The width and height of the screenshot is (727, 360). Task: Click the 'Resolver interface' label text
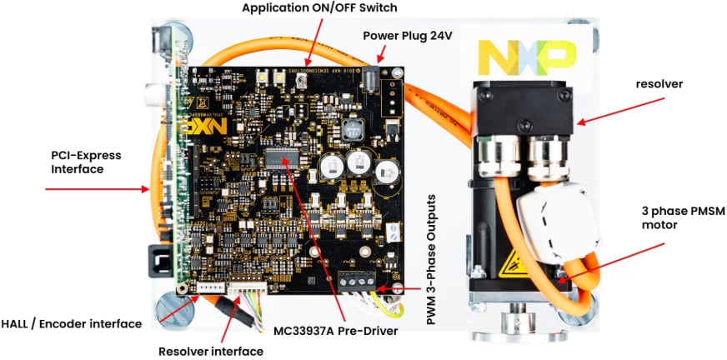click(x=211, y=351)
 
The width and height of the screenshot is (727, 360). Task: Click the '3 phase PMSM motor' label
click(x=665, y=216)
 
